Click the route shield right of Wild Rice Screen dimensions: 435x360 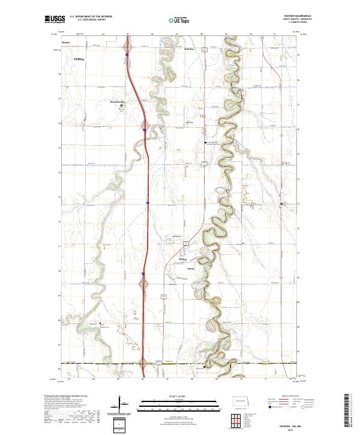204,48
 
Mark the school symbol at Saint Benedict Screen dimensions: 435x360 122,106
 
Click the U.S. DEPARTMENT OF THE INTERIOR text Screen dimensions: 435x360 91,17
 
